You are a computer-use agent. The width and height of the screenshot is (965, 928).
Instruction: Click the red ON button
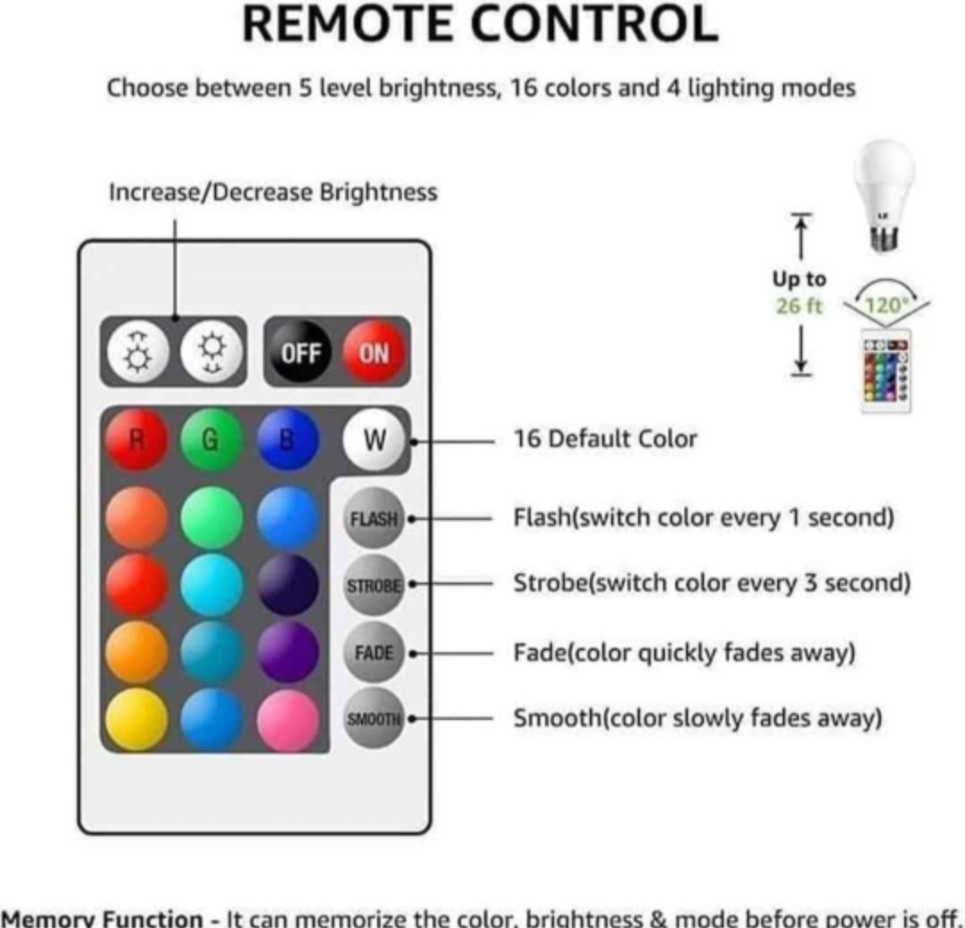373,353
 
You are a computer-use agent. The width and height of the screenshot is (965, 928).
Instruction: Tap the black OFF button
301,353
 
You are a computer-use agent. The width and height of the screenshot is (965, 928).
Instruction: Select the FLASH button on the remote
374,518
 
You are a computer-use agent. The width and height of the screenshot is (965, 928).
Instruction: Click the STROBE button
374,585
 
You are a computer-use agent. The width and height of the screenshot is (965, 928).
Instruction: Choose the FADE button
374,652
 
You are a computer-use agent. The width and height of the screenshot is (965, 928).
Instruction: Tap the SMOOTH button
374,718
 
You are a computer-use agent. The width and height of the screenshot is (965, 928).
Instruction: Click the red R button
136,439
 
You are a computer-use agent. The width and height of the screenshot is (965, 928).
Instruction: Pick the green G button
212,439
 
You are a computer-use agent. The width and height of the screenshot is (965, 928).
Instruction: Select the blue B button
288,439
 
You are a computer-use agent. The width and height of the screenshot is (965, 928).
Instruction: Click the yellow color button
136,720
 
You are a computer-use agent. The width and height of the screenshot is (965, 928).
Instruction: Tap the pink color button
288,720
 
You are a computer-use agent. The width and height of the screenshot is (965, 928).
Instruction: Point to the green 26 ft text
799,305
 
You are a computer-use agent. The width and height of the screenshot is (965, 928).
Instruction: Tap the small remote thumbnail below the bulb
885,371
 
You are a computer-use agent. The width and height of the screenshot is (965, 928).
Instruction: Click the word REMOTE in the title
348,24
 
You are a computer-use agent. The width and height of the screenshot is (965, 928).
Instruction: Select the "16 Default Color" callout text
604,439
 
